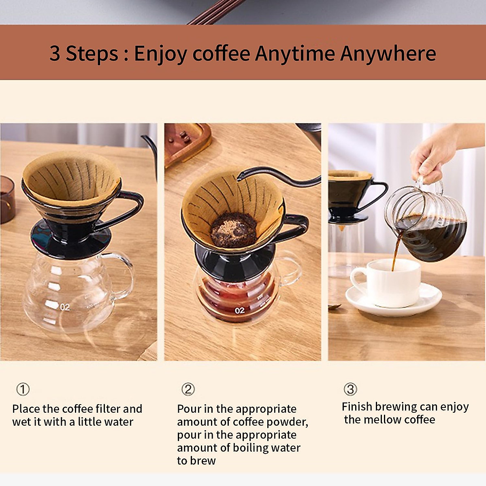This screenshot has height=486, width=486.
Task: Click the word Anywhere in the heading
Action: click(388, 53)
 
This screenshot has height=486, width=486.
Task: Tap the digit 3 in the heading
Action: click(55, 53)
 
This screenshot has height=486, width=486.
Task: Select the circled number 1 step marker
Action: click(23, 389)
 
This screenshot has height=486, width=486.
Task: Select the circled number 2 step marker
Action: click(188, 389)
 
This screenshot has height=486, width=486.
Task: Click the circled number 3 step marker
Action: click(350, 389)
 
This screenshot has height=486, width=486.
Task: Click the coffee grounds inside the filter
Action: click(234, 230)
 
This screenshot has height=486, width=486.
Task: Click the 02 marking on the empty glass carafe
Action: click(65, 307)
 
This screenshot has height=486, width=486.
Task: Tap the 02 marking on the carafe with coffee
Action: click(240, 311)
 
